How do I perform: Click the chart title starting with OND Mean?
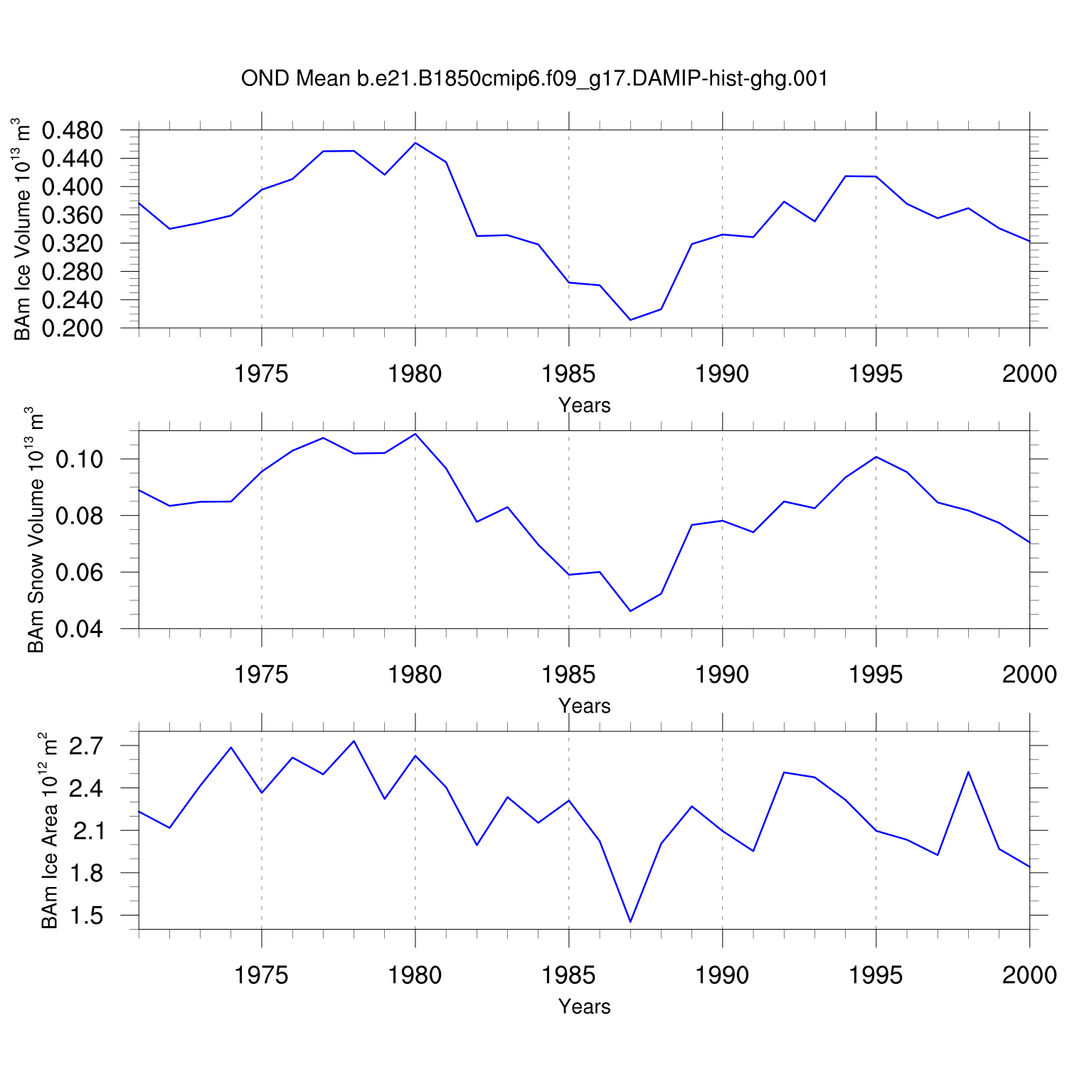pos(534,78)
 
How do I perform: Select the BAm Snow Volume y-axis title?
pos(36,530)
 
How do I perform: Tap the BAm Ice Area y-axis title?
pos(50,830)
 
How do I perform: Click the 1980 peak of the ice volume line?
pos(415,143)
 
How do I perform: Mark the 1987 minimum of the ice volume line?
pos(630,320)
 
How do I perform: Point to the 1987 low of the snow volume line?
pos(630,611)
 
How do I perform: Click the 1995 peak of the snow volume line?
pos(876,457)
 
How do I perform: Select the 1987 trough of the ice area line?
pos(630,922)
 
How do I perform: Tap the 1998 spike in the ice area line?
pos(968,772)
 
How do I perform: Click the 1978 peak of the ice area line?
pos(354,741)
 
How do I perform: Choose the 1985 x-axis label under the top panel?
pos(569,373)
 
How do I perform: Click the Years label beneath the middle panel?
pos(585,706)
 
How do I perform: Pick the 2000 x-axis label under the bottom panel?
pos(1029,975)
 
